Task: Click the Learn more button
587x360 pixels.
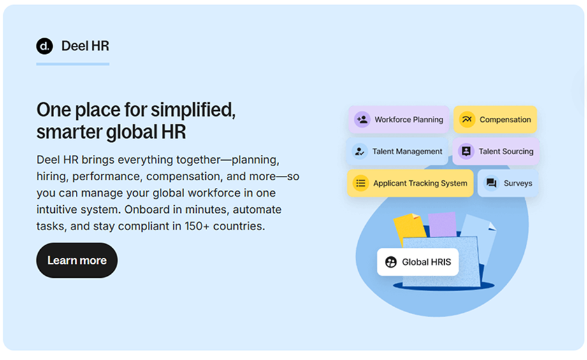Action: tap(76, 260)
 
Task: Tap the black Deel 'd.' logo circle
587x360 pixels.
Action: tap(45, 46)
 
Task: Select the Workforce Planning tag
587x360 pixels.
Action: tap(399, 119)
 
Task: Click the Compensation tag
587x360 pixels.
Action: tap(495, 119)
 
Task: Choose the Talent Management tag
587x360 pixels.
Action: tap(397, 151)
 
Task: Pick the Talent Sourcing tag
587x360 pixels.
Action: tap(496, 151)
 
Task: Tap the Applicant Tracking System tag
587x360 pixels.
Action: tap(410, 183)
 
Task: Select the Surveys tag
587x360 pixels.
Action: tap(508, 183)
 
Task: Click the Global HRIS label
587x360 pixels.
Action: tap(418, 262)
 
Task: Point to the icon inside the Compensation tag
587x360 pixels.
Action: tap(467, 119)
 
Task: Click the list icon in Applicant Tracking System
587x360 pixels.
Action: tap(361, 183)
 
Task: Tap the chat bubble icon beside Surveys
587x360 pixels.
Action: tap(491, 183)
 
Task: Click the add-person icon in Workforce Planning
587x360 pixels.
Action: tap(362, 119)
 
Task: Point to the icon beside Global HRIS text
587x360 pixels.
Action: tap(391, 262)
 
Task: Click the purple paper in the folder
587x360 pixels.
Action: tap(442, 224)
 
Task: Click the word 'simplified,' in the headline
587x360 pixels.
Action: tap(193, 110)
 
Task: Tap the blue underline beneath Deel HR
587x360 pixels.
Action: tap(73, 64)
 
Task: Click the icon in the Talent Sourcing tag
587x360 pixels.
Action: tap(466, 151)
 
